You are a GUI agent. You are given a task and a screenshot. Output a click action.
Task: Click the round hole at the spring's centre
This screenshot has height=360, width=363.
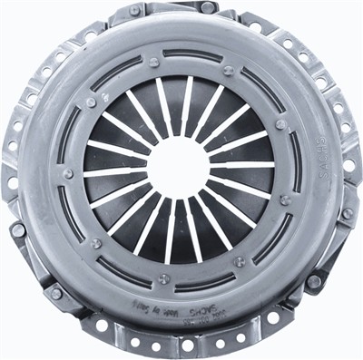click(x=178, y=167)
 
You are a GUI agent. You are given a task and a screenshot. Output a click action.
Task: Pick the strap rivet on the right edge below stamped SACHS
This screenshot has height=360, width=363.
click(x=346, y=214)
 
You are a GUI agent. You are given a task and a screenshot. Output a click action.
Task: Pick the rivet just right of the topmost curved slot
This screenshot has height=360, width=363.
click(x=228, y=70)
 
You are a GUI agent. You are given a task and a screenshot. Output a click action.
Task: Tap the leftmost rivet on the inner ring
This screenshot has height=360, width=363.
click(x=67, y=173)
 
